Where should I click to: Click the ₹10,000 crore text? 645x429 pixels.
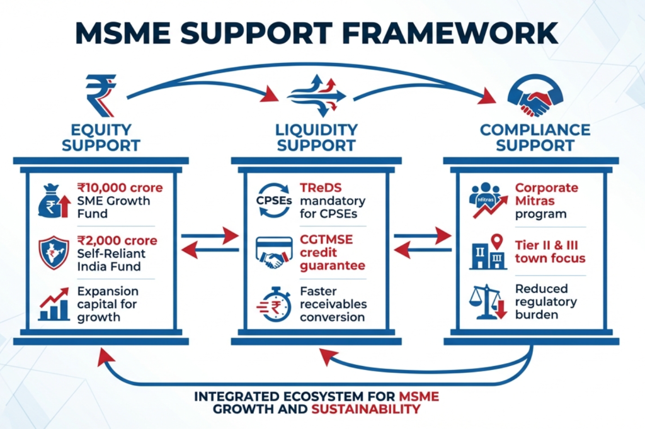click(x=120, y=187)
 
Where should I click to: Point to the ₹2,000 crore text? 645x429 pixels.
click(x=117, y=242)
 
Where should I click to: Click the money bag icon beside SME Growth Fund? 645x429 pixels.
click(x=53, y=201)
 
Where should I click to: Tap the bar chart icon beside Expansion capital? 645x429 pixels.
click(x=54, y=306)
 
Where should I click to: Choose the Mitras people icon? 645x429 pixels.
click(x=486, y=200)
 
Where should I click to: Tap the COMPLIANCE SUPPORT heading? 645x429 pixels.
click(x=535, y=137)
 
